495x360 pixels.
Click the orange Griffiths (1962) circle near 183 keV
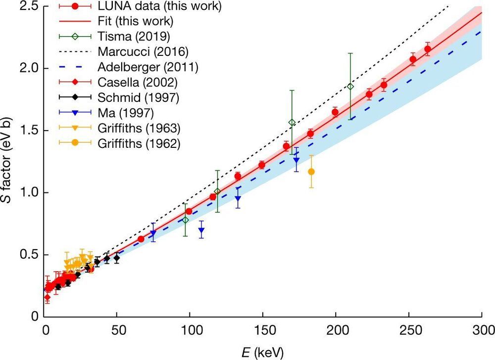(311, 172)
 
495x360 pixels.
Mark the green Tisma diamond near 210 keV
(350, 87)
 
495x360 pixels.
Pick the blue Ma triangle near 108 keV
(201, 230)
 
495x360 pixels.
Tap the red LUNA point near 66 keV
(141, 239)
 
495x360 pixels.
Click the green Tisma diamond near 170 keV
(292, 123)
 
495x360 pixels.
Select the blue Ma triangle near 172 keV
(296, 160)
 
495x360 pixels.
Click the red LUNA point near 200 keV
(335, 112)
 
